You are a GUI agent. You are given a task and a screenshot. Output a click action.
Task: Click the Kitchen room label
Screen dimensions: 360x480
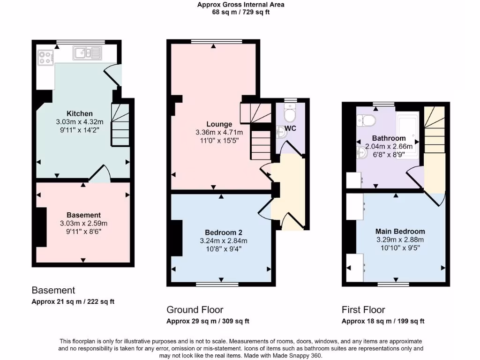pyautogui.click(x=79, y=113)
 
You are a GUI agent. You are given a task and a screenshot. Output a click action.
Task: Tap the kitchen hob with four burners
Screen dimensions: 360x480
pyautogui.click(x=45, y=57)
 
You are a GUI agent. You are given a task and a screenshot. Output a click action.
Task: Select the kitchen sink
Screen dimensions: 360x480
pyautogui.click(x=87, y=53)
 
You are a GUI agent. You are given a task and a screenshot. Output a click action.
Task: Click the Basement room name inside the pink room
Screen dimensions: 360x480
pyautogui.click(x=83, y=215)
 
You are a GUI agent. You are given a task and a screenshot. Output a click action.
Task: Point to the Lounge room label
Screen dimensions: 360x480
pyautogui.click(x=219, y=124)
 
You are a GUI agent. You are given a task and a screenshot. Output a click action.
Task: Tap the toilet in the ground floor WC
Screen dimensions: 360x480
pyautogui.click(x=290, y=113)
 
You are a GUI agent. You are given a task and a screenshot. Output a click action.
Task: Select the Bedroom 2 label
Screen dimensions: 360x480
pyautogui.click(x=223, y=232)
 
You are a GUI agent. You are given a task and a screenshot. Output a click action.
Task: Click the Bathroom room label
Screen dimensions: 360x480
pyautogui.click(x=389, y=138)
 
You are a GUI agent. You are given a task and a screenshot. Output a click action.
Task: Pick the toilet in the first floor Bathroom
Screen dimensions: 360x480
pyautogui.click(x=366, y=121)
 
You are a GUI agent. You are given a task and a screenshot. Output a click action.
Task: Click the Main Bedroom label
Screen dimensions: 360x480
pyautogui.click(x=400, y=231)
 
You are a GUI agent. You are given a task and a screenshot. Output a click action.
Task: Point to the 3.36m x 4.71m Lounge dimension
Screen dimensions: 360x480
pyautogui.click(x=219, y=133)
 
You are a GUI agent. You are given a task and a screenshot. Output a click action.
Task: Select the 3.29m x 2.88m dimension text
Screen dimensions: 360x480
pyautogui.click(x=400, y=240)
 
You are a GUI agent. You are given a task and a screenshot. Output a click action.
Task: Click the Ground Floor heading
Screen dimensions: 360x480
pyautogui.click(x=195, y=309)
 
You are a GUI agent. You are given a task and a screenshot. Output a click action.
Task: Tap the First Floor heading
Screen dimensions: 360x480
pyautogui.click(x=363, y=309)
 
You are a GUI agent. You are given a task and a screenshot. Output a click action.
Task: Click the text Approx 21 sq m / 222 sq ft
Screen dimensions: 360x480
pyautogui.click(x=73, y=301)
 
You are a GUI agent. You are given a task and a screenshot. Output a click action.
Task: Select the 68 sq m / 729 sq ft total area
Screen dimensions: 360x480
pyautogui.click(x=240, y=12)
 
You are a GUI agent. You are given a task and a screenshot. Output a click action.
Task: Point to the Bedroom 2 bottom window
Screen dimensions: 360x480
pyautogui.click(x=217, y=284)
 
